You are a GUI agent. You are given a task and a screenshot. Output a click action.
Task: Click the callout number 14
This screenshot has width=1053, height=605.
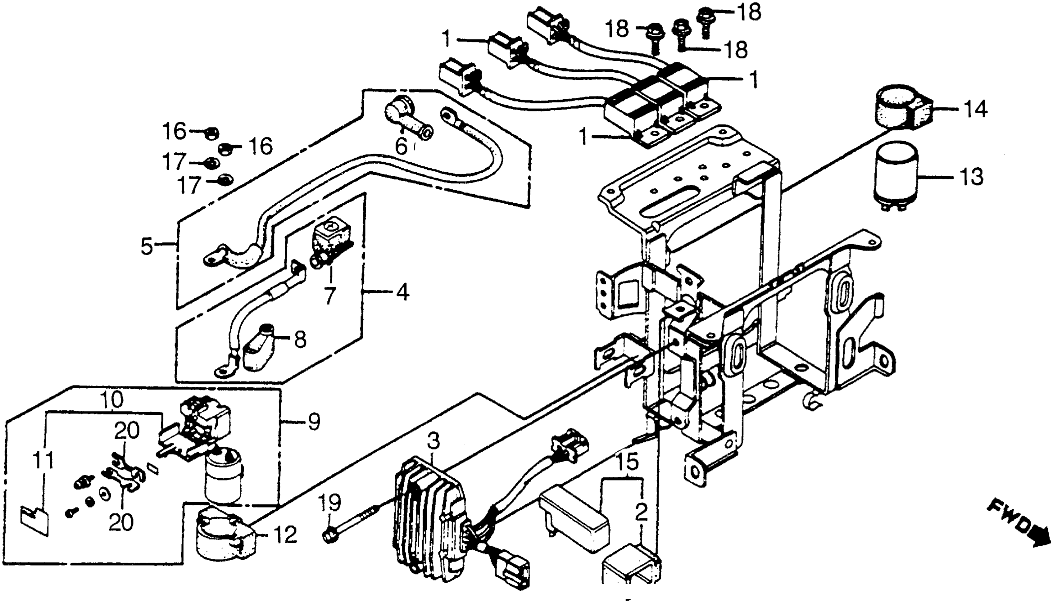pyautogui.click(x=975, y=109)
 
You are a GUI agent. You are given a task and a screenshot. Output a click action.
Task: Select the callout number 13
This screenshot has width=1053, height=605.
pyautogui.click(x=972, y=177)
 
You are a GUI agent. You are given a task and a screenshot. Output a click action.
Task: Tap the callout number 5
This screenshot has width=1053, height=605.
pyautogui.click(x=147, y=246)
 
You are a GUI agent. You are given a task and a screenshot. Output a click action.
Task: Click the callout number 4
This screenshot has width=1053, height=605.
pyautogui.click(x=402, y=293)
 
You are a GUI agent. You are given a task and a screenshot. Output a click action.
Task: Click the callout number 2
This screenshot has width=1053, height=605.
pyautogui.click(x=641, y=514)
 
